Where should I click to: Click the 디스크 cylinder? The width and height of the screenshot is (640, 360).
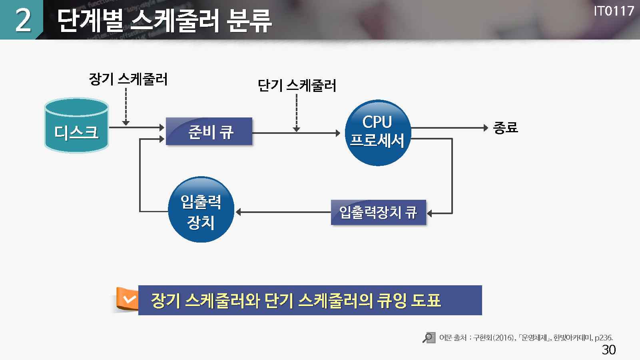tap(76, 126)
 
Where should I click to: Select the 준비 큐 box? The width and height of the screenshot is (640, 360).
tap(209, 131)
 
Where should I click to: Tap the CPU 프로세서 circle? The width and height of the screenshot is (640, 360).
tap(378, 133)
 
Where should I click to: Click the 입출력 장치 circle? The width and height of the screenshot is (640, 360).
tap(201, 210)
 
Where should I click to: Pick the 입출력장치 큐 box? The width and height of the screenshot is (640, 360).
tap(379, 213)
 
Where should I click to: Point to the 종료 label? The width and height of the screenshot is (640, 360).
tap(506, 128)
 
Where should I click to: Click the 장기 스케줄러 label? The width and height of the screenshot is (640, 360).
tap(128, 79)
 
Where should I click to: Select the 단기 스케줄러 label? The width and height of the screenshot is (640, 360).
tap(297, 86)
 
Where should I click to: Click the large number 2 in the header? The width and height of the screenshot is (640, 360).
tap(23, 20)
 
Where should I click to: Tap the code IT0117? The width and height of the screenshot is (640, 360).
tap(614, 11)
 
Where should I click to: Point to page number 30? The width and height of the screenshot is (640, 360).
tap(609, 350)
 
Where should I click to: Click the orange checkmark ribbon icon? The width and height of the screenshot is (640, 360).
tap(128, 299)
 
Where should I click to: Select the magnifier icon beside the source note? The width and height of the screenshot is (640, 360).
tap(429, 338)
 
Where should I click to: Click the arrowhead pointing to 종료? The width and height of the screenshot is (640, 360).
tap(486, 128)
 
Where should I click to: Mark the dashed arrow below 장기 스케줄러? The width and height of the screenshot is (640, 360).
tap(126, 106)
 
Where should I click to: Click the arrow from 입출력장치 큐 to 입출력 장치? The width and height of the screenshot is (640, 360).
tap(284, 212)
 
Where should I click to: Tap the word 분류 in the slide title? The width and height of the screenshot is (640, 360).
tap(249, 21)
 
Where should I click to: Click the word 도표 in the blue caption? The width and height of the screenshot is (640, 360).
tap(426, 300)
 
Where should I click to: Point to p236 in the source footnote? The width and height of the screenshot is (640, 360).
tap(603, 338)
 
